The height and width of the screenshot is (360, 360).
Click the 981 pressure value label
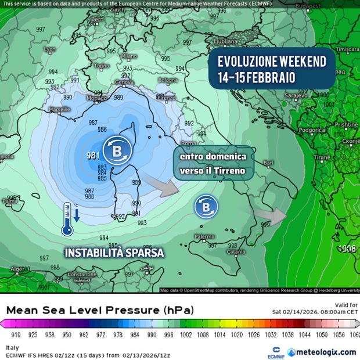coord(92,155)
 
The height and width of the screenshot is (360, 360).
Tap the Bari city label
coord(268,164)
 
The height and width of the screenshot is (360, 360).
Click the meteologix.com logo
coord(326,352)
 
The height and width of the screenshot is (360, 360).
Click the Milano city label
coord(129,56)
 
